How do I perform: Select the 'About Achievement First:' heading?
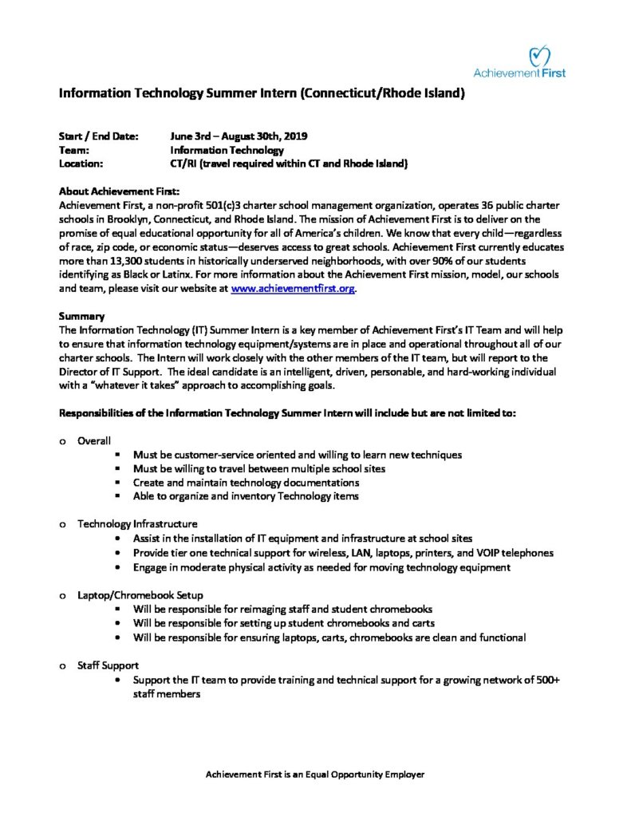click(120, 191)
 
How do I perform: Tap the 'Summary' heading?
click(82, 316)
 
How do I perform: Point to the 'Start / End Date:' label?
click(99, 136)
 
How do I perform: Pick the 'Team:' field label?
click(75, 150)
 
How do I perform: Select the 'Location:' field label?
click(84, 164)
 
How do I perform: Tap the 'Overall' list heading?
click(94, 440)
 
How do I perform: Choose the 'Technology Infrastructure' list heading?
click(137, 524)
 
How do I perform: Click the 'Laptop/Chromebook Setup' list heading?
click(140, 594)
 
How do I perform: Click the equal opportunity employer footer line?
click(315, 775)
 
